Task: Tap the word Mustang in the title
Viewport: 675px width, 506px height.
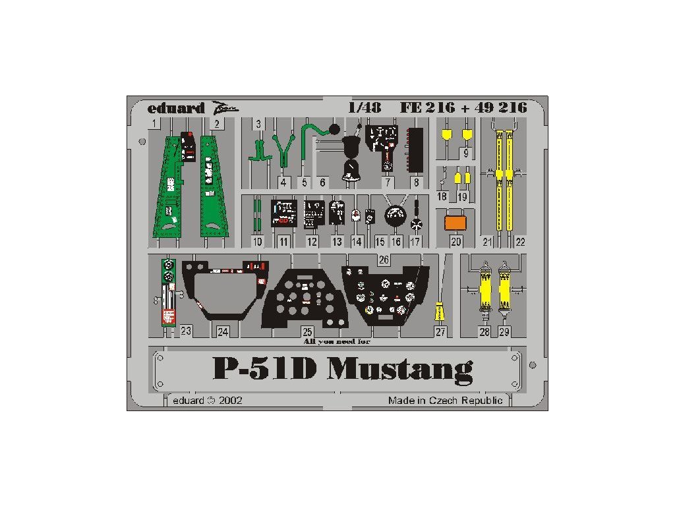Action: click(400, 371)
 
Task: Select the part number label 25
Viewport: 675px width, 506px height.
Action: click(307, 332)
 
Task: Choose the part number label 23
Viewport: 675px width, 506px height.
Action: click(186, 331)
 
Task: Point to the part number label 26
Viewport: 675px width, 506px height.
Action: click(383, 260)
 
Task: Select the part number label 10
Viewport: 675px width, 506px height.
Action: click(258, 242)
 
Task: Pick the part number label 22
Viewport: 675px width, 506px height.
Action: click(520, 242)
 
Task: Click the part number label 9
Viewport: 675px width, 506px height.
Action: click(466, 154)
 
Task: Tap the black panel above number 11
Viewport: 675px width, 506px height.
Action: click(283, 213)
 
